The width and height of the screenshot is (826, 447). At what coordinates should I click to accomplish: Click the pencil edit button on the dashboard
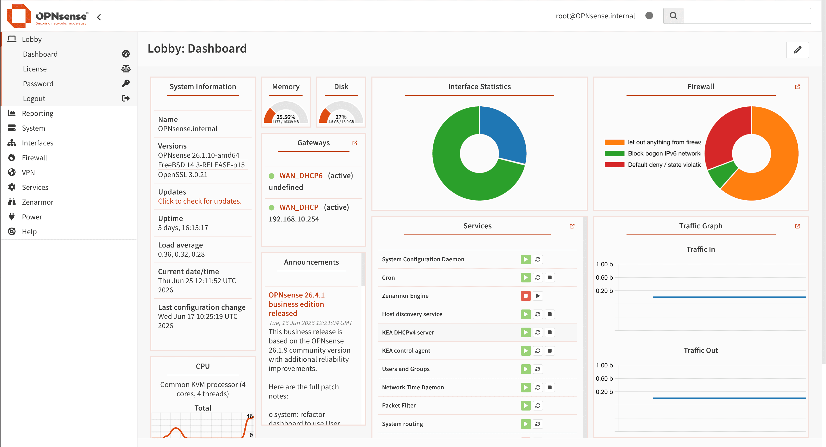(797, 50)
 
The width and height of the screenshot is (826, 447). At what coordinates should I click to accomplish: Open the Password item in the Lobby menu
(38, 84)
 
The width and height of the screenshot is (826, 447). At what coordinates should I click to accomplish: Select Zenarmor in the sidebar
(37, 202)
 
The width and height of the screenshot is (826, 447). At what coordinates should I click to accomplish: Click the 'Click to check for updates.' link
(199, 201)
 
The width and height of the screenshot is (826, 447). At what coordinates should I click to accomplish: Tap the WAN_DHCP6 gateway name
(301, 176)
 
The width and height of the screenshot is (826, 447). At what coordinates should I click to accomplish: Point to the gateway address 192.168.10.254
(294, 219)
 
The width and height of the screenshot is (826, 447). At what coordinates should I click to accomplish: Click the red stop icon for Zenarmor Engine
(525, 296)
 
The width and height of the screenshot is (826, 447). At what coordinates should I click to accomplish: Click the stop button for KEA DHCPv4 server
(549, 332)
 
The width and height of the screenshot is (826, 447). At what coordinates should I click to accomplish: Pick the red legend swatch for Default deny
(614, 165)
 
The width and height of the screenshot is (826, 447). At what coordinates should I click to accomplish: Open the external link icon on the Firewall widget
(797, 87)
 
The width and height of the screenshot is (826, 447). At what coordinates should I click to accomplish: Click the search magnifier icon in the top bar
(673, 16)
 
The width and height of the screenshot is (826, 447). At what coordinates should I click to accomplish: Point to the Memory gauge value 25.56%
(286, 117)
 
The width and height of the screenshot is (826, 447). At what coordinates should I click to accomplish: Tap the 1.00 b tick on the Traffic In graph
(604, 264)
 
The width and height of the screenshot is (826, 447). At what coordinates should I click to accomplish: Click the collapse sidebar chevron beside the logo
(99, 17)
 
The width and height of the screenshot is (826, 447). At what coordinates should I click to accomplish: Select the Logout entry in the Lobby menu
(34, 98)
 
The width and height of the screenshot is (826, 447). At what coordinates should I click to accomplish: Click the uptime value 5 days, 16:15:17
(183, 228)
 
